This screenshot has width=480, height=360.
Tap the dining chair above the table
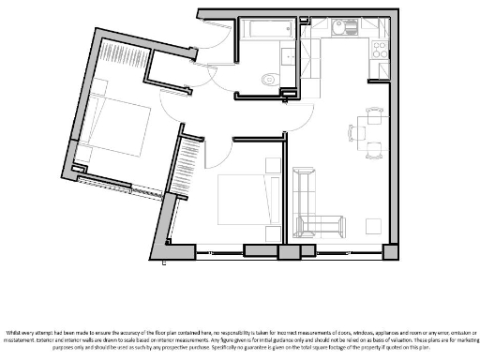click(374, 111)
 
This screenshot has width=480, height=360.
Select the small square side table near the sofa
click(372, 226)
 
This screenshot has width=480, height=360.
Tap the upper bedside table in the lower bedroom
click(273, 166)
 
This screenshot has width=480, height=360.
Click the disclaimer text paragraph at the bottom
click(240, 339)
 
